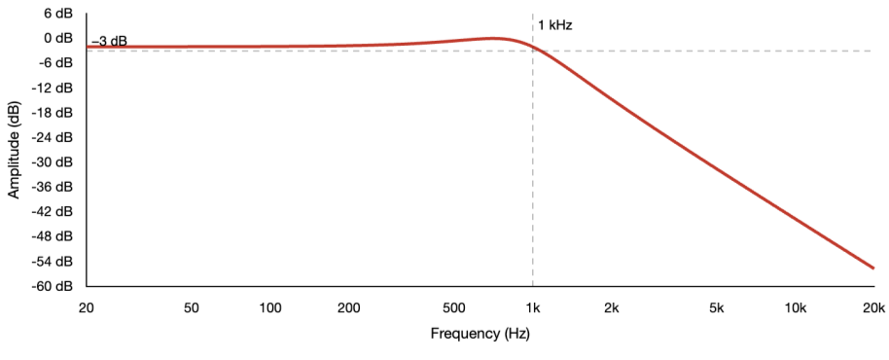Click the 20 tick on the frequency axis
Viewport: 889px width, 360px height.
tap(87, 308)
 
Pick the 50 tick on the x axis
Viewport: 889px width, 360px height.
tap(192, 308)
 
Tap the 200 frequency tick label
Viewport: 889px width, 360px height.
tap(350, 308)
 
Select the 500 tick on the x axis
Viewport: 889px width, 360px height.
tap(454, 308)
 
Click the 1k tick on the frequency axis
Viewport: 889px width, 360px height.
tap(533, 308)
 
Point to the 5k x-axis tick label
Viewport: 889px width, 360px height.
tap(717, 308)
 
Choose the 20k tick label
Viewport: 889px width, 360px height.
tap(873, 308)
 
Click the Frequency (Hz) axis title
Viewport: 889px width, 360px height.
tap(480, 334)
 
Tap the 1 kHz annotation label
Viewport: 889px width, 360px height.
tap(555, 25)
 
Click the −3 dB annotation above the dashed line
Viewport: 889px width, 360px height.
tap(109, 42)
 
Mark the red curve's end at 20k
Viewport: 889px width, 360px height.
tap(873, 268)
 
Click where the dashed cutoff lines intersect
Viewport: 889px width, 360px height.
tap(533, 51)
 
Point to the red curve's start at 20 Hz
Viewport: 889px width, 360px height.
tap(88, 47)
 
